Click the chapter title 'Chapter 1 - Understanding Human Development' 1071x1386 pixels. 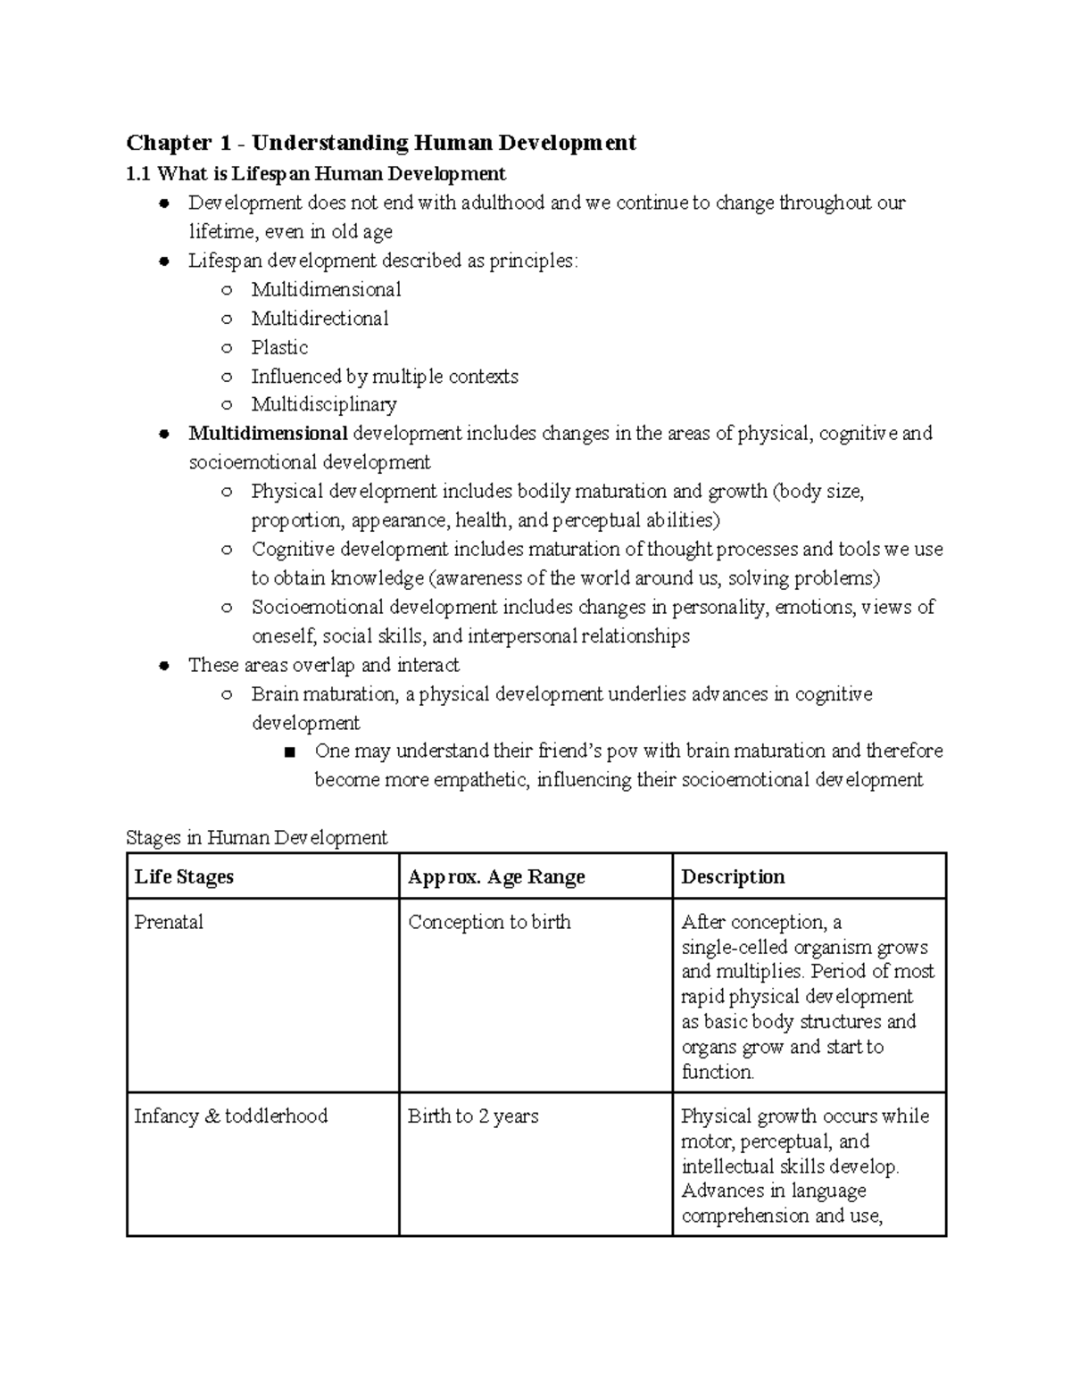381,143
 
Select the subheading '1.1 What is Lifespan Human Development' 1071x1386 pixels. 316,174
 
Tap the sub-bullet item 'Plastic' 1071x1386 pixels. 279,348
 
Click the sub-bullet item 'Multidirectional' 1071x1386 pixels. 320,319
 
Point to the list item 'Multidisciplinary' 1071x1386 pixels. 324,405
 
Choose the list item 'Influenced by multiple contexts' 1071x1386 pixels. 384,377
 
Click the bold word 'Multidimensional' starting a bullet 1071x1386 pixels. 268,434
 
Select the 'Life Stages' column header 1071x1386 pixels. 184,877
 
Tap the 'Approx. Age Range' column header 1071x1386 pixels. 496,877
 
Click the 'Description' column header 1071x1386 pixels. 733,877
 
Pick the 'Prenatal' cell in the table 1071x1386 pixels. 169,923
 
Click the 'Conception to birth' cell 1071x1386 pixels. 489,923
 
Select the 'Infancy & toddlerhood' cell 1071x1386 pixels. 231,1116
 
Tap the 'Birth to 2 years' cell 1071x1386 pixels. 473,1116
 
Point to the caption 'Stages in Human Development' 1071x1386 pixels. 257,838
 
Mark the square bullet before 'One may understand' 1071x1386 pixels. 288,752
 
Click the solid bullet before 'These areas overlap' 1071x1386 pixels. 163,667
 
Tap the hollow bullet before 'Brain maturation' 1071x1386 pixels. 227,695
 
